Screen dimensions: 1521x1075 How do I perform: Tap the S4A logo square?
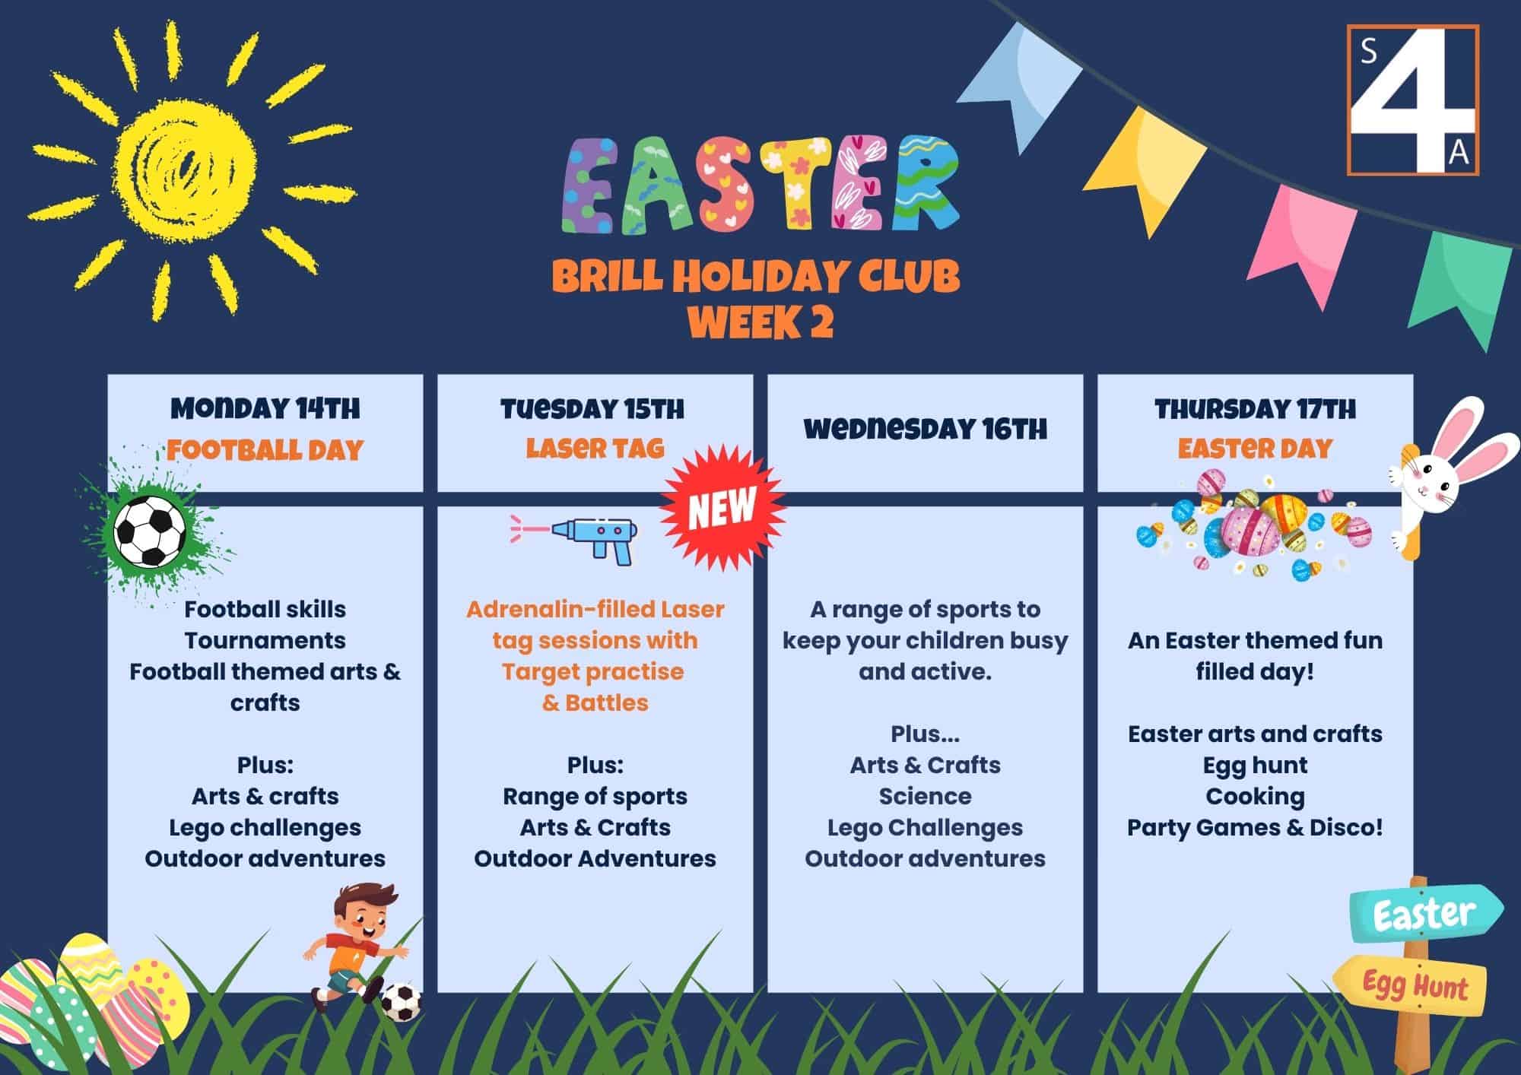1413,100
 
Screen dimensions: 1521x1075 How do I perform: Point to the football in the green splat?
150,531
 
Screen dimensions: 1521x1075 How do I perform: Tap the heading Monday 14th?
265,408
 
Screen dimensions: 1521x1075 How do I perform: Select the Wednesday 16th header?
925,430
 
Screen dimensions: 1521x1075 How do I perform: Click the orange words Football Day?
265,450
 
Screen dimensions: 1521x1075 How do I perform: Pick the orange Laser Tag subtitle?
595,449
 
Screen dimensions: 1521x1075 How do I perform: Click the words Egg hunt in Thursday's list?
1255,766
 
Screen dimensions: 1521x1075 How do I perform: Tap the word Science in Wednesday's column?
925,796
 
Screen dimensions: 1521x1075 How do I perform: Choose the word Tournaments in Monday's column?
265,640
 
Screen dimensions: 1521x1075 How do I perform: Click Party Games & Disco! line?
1255,827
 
